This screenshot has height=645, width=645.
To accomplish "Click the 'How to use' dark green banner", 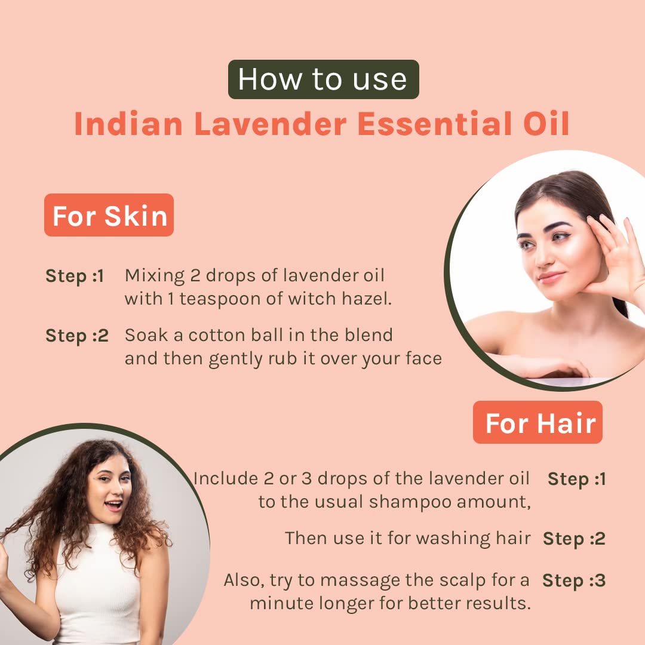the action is click(323, 79).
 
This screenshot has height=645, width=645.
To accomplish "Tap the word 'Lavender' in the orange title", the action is click(271, 124).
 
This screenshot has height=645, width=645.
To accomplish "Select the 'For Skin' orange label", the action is click(109, 215).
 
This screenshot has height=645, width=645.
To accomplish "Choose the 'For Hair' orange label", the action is click(537, 422).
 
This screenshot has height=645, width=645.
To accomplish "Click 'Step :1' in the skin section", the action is click(75, 276).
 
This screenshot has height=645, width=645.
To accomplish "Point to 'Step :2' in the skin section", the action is click(77, 336).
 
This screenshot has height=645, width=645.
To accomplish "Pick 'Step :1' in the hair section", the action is click(577, 479).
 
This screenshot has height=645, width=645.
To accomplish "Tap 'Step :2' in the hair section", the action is click(575, 539).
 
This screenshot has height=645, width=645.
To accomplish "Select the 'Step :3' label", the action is click(574, 581).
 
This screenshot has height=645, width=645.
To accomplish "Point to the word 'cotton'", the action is click(217, 336).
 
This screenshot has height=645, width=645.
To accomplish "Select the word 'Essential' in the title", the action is click(435, 124).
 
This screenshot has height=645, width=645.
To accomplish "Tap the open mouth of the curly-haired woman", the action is click(114, 505).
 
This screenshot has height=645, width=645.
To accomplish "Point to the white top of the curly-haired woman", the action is click(98, 584).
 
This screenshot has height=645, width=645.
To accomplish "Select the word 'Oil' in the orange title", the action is click(546, 124).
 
